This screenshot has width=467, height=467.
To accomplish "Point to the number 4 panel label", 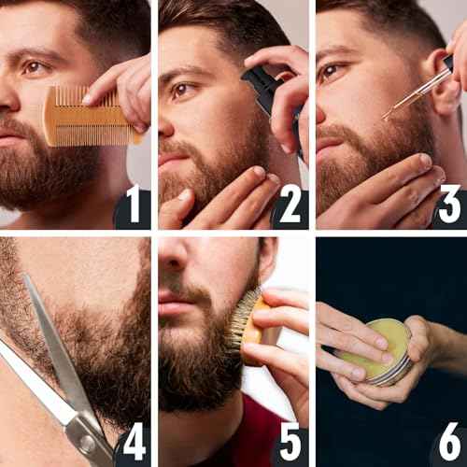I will pos(134,442).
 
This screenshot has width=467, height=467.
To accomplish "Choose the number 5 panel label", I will pos(290,442).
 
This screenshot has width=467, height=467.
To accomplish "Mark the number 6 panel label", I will pos(448,442).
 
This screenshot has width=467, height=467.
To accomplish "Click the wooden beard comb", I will pos(89,117).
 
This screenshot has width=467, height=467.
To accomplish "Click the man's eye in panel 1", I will pos(35,67).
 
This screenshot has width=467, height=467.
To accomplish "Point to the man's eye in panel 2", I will pos(183,90).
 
